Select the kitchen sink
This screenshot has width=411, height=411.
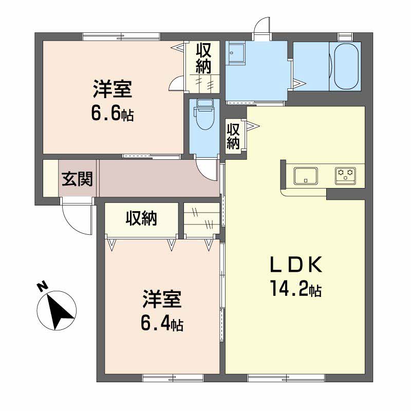click(305, 176)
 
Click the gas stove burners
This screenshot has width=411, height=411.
click(345, 175)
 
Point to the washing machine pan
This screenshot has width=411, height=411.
click(236, 54)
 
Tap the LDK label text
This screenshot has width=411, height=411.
click(296, 265)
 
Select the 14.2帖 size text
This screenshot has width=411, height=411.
click(296, 288)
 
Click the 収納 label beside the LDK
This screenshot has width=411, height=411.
click(233, 136)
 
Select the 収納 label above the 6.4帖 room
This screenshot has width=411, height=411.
click(142, 218)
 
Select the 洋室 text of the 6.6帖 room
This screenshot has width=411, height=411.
click(112, 89)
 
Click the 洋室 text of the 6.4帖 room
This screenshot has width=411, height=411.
click(162, 299)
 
